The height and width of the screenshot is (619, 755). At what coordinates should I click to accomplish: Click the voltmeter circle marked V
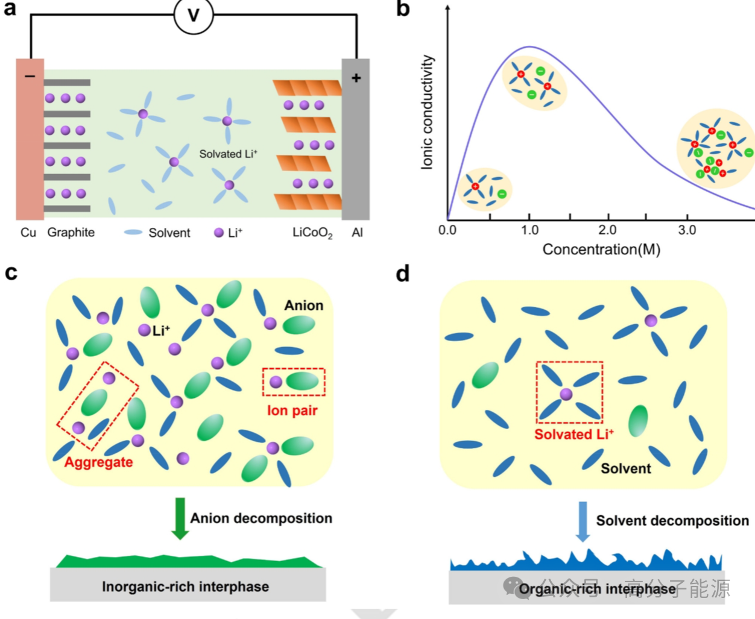pyautogui.click(x=194, y=14)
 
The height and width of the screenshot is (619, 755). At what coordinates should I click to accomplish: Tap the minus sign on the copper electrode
pyautogui.click(x=30, y=77)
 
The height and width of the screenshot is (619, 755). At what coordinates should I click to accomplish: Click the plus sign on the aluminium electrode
pyautogui.click(x=356, y=78)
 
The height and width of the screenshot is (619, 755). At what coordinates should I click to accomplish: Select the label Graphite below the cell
pyautogui.click(x=71, y=233)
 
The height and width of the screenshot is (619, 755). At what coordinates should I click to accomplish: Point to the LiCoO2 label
pyautogui.click(x=312, y=233)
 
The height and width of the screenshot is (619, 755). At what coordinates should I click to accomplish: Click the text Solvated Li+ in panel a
pyautogui.click(x=228, y=154)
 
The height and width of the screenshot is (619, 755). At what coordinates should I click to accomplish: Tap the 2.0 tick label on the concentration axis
pyautogui.click(x=607, y=230)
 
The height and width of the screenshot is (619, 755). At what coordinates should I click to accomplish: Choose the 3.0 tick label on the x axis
pyautogui.click(x=687, y=230)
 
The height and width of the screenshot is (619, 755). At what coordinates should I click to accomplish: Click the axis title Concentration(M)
pyautogui.click(x=601, y=250)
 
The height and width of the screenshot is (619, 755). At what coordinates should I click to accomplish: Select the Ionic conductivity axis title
pyautogui.click(x=427, y=112)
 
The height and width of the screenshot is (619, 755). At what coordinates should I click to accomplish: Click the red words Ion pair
pyautogui.click(x=292, y=410)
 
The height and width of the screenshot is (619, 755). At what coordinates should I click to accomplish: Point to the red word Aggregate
pyautogui.click(x=98, y=462)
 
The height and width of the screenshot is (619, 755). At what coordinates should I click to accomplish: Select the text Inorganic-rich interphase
pyautogui.click(x=185, y=586)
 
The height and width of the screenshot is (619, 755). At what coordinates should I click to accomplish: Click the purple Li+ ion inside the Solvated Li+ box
pyautogui.click(x=566, y=394)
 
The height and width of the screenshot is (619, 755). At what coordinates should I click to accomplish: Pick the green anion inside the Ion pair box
pyautogui.click(x=302, y=382)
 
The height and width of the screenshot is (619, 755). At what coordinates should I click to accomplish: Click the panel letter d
pyautogui.click(x=402, y=274)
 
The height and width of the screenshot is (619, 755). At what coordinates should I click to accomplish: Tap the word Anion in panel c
pyautogui.click(x=304, y=306)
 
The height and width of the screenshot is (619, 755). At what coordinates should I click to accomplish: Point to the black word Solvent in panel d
pyautogui.click(x=625, y=469)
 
